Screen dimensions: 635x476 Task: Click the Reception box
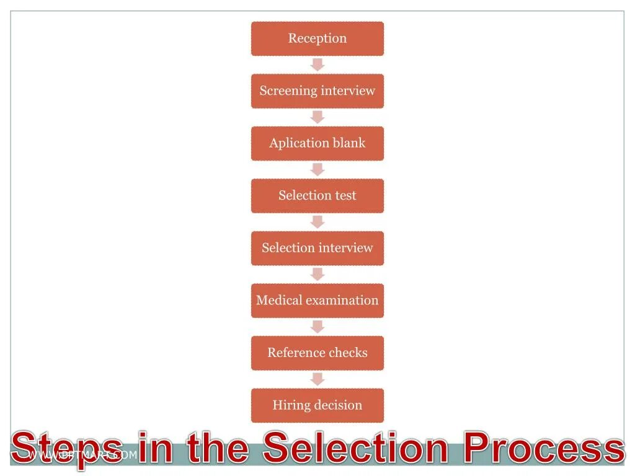(317, 38)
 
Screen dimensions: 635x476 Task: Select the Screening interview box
(317, 91)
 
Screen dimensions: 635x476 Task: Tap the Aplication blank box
(317, 143)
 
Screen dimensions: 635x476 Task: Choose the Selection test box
(317, 196)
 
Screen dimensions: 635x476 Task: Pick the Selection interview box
(317, 248)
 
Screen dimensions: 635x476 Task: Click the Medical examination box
(317, 301)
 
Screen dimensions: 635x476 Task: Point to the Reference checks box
(317, 353)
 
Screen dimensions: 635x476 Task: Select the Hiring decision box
(317, 405)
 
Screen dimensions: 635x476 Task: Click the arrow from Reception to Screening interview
(317, 64)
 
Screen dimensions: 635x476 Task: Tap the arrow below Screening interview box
(317, 117)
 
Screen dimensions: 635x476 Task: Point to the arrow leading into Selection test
(317, 169)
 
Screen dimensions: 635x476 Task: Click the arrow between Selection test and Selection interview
(317, 222)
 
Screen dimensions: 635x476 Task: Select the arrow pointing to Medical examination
(317, 274)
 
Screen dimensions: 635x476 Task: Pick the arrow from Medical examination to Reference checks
(317, 327)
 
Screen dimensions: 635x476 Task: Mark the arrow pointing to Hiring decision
(317, 379)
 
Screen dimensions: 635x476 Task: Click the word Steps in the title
(67, 449)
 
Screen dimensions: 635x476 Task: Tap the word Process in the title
(544, 447)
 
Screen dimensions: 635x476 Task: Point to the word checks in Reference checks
(348, 353)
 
